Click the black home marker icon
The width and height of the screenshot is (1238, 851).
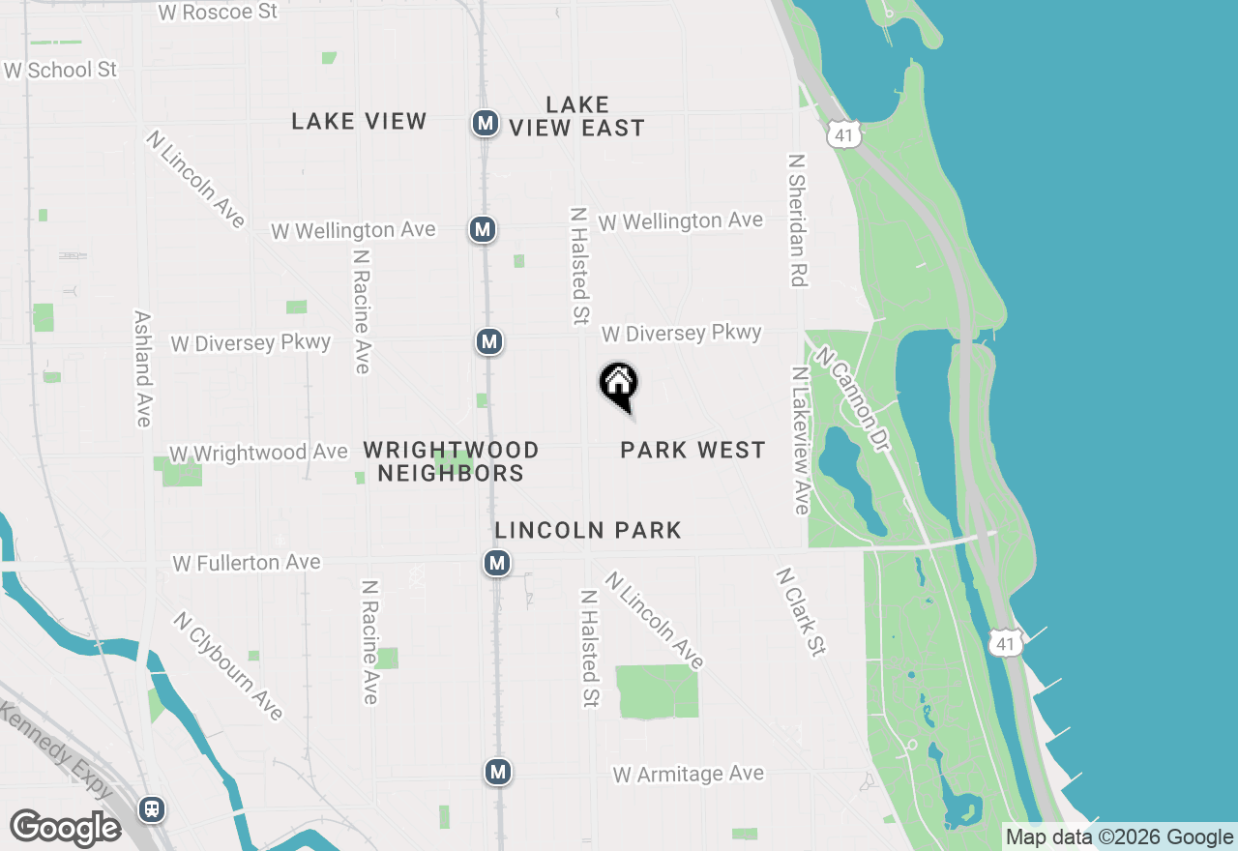[x=619, y=385]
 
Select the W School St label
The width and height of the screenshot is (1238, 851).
[x=60, y=70]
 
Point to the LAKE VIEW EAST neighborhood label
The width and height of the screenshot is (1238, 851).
[x=577, y=116]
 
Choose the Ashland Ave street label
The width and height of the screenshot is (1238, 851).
[x=143, y=368]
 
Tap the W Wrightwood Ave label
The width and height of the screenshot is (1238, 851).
[x=258, y=453]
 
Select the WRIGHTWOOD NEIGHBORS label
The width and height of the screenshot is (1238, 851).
[x=451, y=461]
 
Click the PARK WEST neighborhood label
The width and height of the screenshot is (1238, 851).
[x=693, y=450]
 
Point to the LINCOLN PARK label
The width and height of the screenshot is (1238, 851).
[x=588, y=530]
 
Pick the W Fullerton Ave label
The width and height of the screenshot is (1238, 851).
[x=246, y=562]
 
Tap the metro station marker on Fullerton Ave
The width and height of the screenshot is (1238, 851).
[x=497, y=563]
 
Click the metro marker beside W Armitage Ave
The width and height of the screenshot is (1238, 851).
[x=498, y=772]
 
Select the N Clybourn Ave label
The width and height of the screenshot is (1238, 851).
[x=228, y=665]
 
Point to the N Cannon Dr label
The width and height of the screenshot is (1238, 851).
[x=851, y=390]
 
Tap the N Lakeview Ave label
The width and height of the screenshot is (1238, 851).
[x=800, y=440]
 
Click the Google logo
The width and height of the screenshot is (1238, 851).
[x=66, y=829]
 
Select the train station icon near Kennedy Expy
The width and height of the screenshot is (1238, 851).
[x=152, y=808]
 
